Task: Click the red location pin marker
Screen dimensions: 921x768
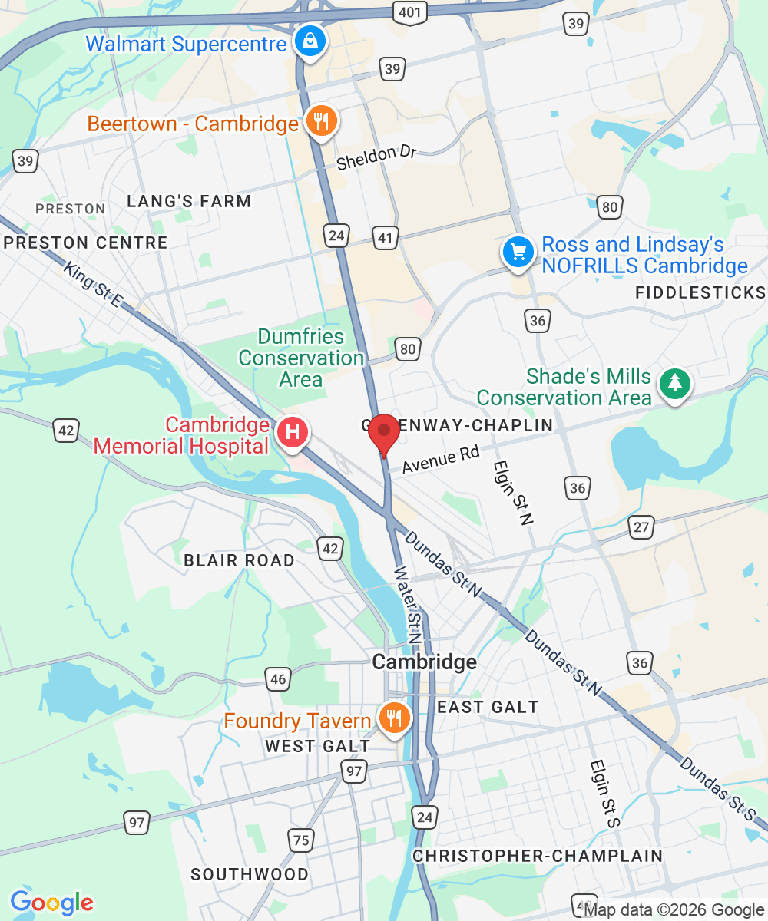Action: pos(383,433)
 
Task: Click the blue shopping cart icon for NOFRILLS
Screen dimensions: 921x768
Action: pos(518,250)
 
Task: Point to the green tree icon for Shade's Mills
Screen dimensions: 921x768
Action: pos(676,382)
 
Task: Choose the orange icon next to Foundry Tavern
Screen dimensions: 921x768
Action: pos(396,718)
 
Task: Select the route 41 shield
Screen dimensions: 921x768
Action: pos(385,238)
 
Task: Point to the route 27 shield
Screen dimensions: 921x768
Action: pos(641,527)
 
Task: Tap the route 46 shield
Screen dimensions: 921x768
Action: pos(278,678)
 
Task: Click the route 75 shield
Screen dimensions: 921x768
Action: pos(301,840)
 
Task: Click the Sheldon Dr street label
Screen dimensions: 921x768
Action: pos(376,157)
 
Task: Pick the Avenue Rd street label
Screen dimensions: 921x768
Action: pos(440,460)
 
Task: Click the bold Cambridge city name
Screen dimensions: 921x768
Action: pos(424,662)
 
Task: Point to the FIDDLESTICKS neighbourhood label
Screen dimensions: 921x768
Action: pos(700,292)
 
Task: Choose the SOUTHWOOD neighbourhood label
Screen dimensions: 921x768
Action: pos(250,874)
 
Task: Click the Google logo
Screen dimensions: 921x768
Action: pos(51,903)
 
